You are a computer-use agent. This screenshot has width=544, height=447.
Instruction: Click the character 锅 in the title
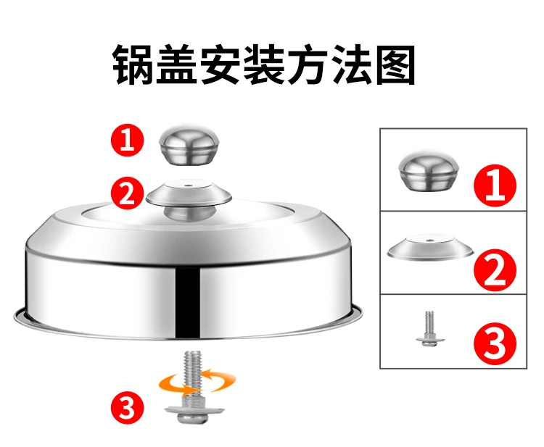click(133, 64)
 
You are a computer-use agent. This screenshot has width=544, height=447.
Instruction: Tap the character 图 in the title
click(395, 64)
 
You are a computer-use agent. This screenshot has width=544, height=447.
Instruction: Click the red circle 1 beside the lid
click(127, 141)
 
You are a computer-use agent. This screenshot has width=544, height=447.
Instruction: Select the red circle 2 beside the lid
click(127, 193)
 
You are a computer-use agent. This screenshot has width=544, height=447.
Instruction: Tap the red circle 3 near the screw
click(127, 407)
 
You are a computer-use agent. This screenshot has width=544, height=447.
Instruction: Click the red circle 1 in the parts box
click(495, 185)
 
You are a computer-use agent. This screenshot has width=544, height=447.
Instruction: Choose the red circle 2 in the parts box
click(495, 270)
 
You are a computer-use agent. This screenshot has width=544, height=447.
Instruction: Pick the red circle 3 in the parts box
click(495, 343)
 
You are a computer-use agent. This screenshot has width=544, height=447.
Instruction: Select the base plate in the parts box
click(430, 246)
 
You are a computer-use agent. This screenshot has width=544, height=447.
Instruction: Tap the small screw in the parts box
click(429, 328)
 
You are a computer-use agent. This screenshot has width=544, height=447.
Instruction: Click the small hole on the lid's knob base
click(188, 185)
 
